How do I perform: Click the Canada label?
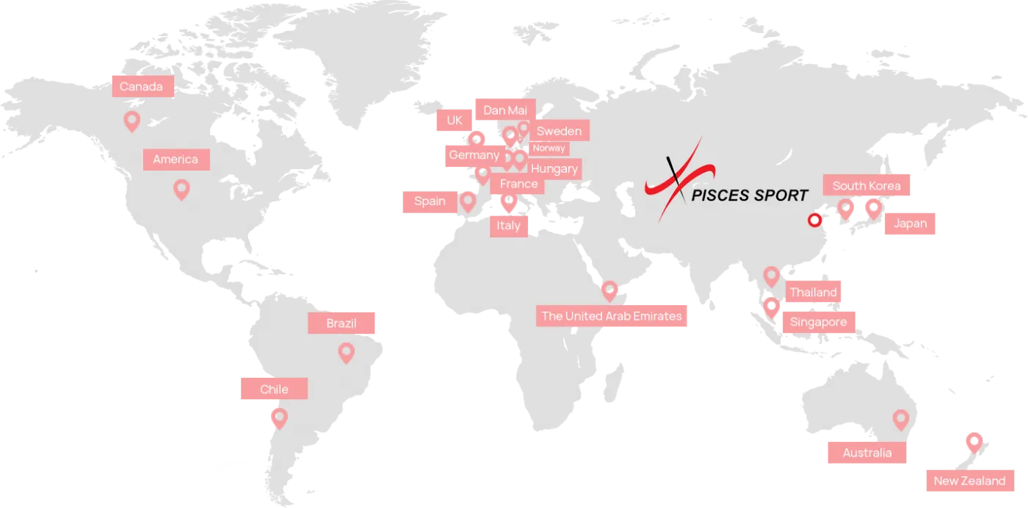(142, 87)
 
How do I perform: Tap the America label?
(175, 159)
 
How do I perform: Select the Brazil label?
(341, 323)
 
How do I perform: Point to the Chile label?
(274, 389)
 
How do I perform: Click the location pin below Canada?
(132, 121)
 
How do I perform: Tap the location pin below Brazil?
(346, 353)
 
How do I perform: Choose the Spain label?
(430, 201)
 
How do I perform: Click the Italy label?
(508, 225)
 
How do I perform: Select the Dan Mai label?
(505, 110)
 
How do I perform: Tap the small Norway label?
(549, 148)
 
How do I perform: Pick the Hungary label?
(554, 168)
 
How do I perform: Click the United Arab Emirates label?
(612, 316)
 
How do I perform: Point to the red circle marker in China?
(814, 220)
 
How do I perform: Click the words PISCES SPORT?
(750, 195)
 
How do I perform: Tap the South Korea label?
(866, 186)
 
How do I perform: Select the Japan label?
(911, 223)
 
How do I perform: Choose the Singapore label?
(818, 322)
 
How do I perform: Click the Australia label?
(867, 453)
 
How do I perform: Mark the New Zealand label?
(969, 481)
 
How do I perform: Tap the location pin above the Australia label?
(901, 420)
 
